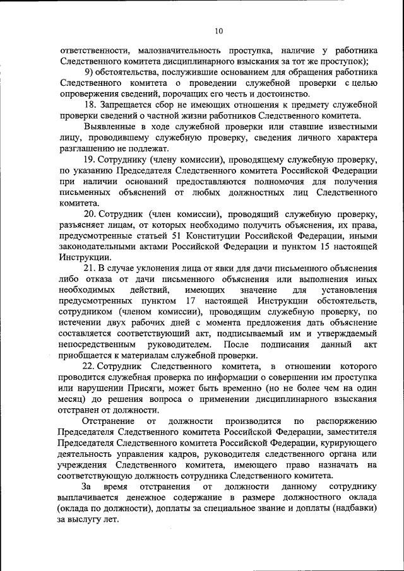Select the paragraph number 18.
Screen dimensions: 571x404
click(89, 105)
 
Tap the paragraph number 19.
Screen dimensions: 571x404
click(89, 160)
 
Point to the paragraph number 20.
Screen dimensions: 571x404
click(89, 215)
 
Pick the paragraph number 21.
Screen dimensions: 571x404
click(89, 269)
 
